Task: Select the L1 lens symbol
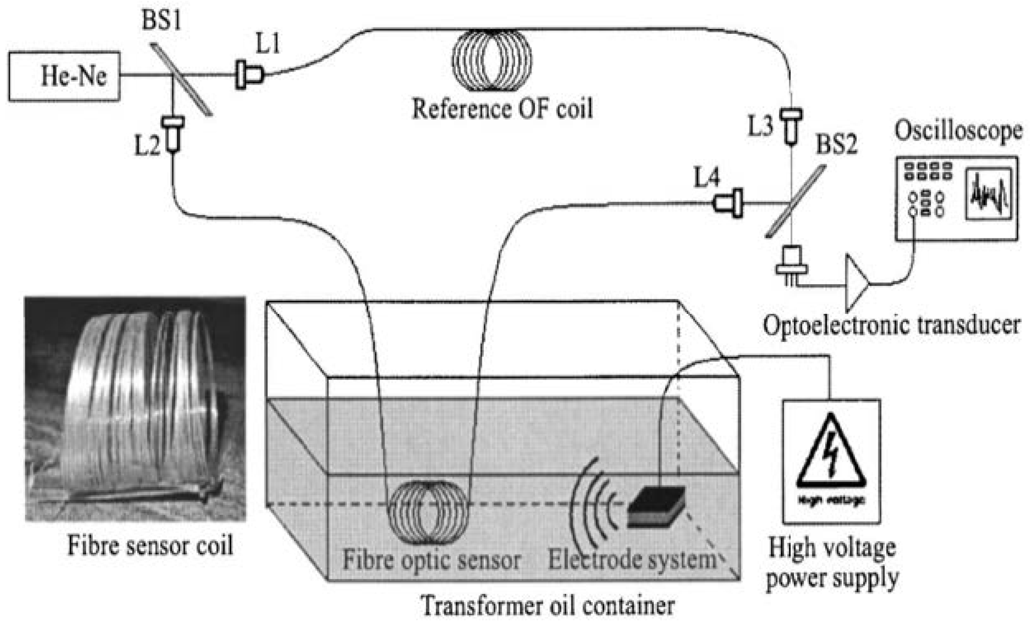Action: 249,75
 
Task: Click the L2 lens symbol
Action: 173,134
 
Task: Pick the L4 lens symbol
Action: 729,203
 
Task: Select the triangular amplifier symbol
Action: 856,284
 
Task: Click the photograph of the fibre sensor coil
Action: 135,409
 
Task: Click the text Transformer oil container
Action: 547,605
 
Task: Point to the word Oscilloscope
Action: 958,131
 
